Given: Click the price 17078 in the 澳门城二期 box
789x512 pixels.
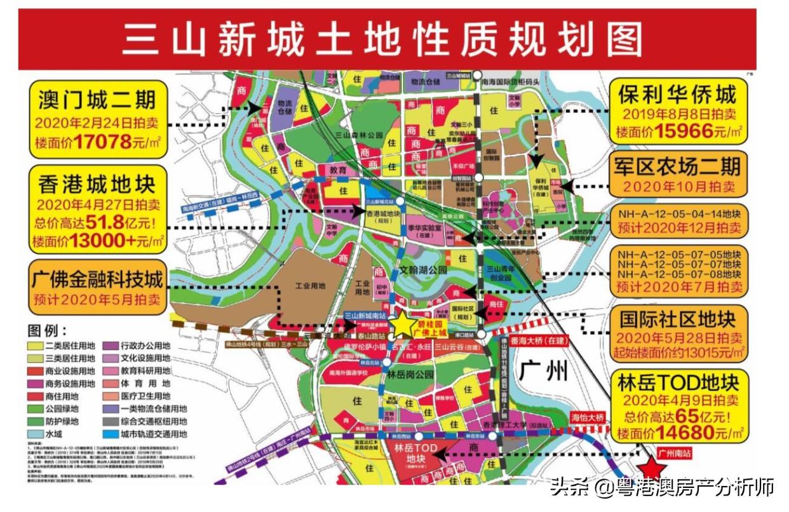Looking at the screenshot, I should click(102, 141).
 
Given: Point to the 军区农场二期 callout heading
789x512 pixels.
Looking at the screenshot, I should click(677, 166).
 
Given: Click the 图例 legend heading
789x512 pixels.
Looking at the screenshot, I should click(48, 330).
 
